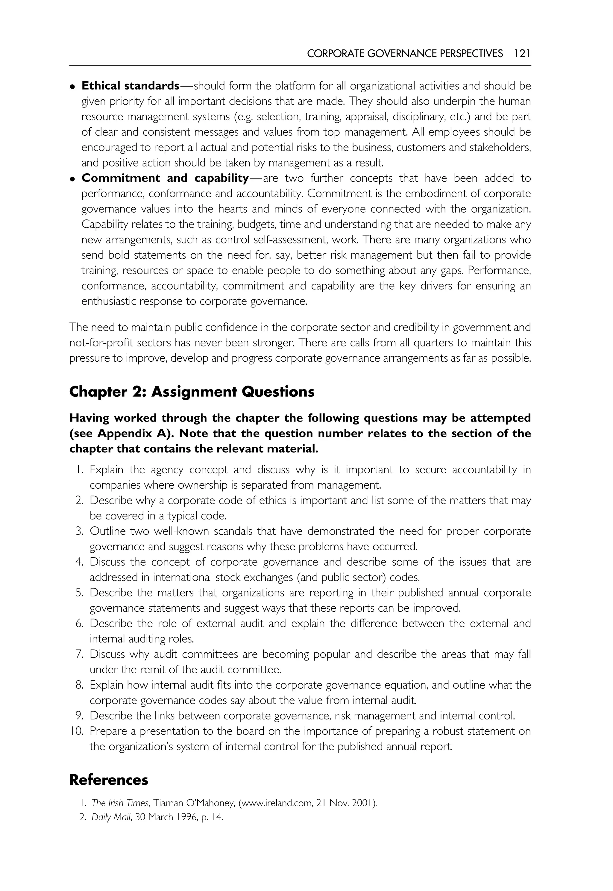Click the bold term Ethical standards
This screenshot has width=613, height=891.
point(130,86)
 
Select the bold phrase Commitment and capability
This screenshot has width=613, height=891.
point(165,178)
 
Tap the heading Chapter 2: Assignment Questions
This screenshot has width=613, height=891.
point(192,392)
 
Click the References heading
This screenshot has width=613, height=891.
point(109,780)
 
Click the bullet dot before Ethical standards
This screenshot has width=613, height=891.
point(72,87)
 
